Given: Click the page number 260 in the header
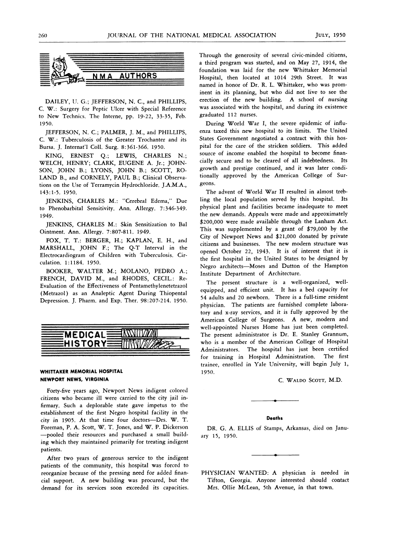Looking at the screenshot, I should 43,35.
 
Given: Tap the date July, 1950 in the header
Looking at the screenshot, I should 330,35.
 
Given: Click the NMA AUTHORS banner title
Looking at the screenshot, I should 125,76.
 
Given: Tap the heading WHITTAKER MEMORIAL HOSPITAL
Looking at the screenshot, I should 81,371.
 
